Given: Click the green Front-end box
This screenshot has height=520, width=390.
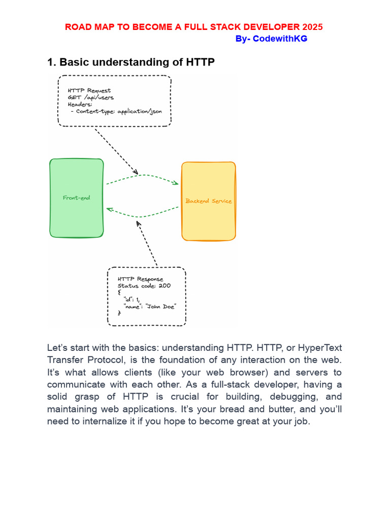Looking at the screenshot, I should click(77, 198).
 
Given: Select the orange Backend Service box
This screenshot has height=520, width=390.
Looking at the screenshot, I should click(208, 201).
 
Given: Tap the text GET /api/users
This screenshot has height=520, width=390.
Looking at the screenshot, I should click(91, 97).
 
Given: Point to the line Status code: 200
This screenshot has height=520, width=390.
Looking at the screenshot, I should click(144, 285).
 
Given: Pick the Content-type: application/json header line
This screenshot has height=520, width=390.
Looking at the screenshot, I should click(119, 111).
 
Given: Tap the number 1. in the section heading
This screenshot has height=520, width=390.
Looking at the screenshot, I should click(51, 62).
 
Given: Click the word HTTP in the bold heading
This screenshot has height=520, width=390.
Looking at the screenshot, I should click(198, 62).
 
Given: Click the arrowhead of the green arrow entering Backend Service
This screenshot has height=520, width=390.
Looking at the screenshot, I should click(176, 183).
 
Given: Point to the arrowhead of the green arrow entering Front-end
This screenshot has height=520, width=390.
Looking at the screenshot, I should click(108, 209).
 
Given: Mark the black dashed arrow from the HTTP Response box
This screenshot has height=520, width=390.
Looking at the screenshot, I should click(147, 243).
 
